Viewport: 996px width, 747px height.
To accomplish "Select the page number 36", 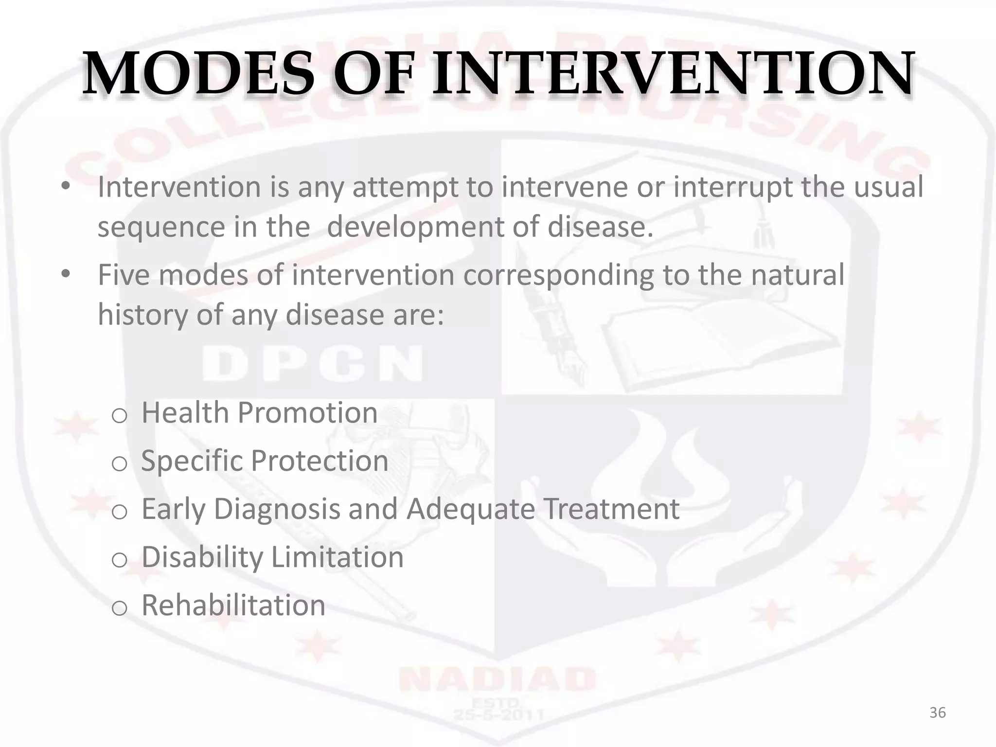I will click(x=937, y=713).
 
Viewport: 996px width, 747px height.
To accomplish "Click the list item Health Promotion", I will click(x=259, y=413).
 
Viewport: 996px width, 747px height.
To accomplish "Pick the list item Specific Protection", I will click(x=264, y=461).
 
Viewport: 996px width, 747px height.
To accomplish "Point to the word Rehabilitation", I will click(x=233, y=605).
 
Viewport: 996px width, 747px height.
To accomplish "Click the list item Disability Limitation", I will click(x=272, y=557).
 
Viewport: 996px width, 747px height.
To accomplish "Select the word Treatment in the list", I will click(x=611, y=509).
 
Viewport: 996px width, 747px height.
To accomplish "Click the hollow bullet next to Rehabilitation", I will click(x=119, y=608).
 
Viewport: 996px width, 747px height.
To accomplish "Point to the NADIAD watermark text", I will click(x=497, y=679).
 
